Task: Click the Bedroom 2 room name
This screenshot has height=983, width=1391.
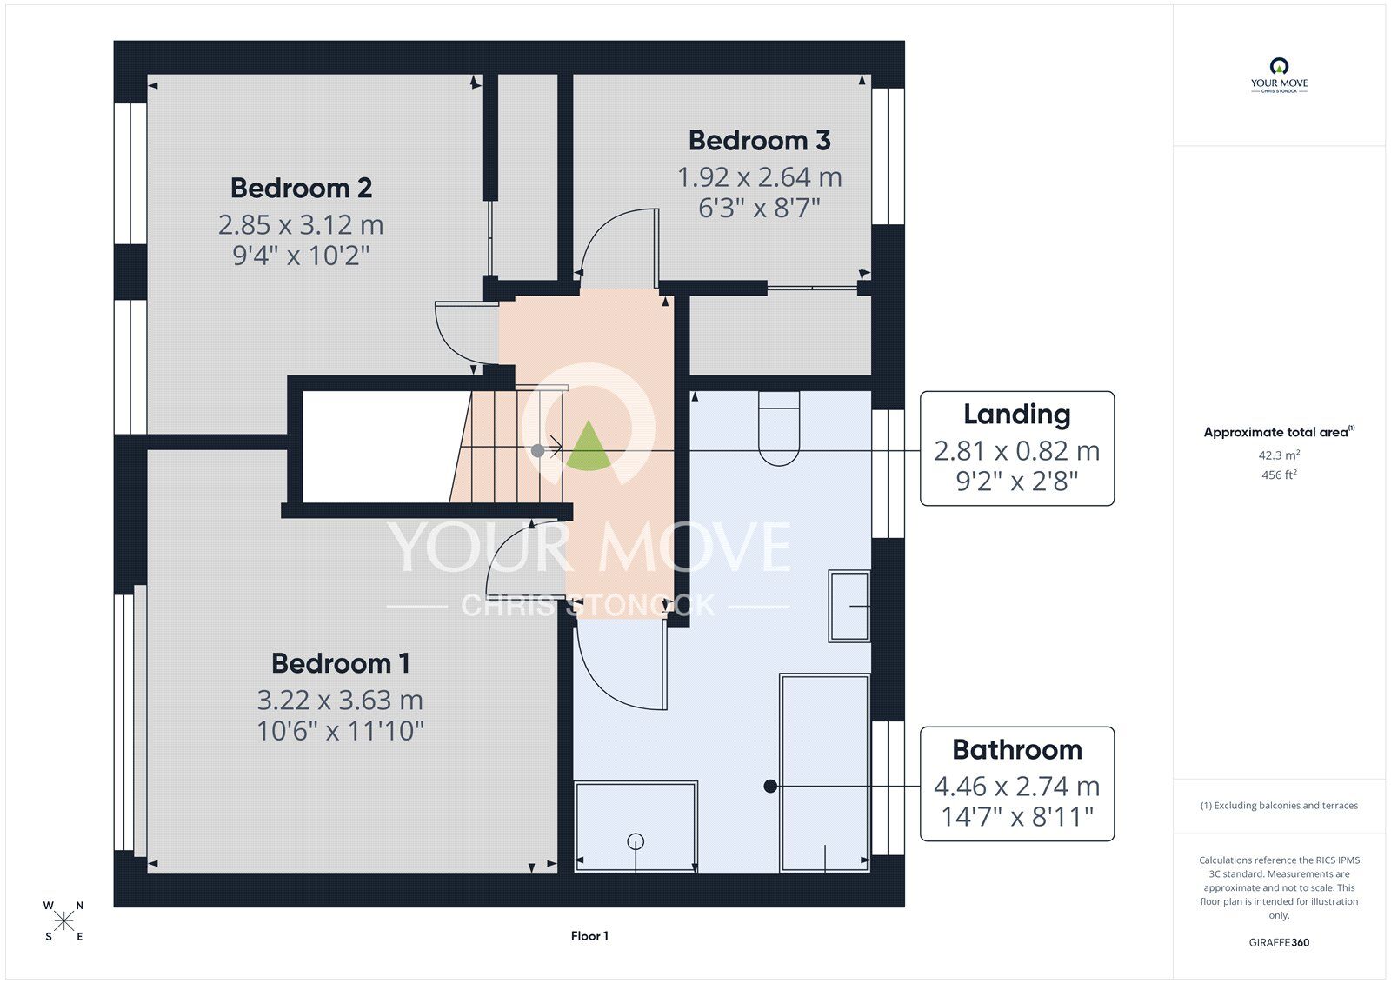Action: (301, 188)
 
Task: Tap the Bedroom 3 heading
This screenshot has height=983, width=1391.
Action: (760, 141)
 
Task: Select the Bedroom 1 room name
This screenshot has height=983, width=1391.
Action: (340, 664)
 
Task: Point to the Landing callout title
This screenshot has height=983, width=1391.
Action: (1017, 415)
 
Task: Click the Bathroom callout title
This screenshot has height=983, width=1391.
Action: (1017, 750)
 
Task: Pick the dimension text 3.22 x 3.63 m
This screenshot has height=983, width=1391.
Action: (340, 701)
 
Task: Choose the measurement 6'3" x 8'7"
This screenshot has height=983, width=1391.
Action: (760, 208)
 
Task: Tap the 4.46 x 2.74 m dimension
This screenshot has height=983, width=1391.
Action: (1017, 787)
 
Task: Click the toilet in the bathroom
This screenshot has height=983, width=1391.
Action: (779, 428)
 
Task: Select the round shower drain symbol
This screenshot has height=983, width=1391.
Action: (636, 841)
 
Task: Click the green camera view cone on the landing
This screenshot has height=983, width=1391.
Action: (589, 447)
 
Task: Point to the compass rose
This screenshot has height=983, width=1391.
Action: (63, 921)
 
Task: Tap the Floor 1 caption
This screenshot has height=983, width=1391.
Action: (589, 936)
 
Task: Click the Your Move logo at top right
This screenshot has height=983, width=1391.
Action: (1279, 75)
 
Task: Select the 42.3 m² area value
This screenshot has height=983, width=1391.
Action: (1279, 455)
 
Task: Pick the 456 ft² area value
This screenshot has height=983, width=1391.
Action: (1279, 475)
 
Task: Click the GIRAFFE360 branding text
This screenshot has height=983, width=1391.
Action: (1279, 942)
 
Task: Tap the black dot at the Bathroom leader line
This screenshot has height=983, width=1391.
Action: (770, 787)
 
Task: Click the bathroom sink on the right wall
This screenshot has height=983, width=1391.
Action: (849, 606)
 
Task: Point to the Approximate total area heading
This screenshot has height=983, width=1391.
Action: (1279, 432)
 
